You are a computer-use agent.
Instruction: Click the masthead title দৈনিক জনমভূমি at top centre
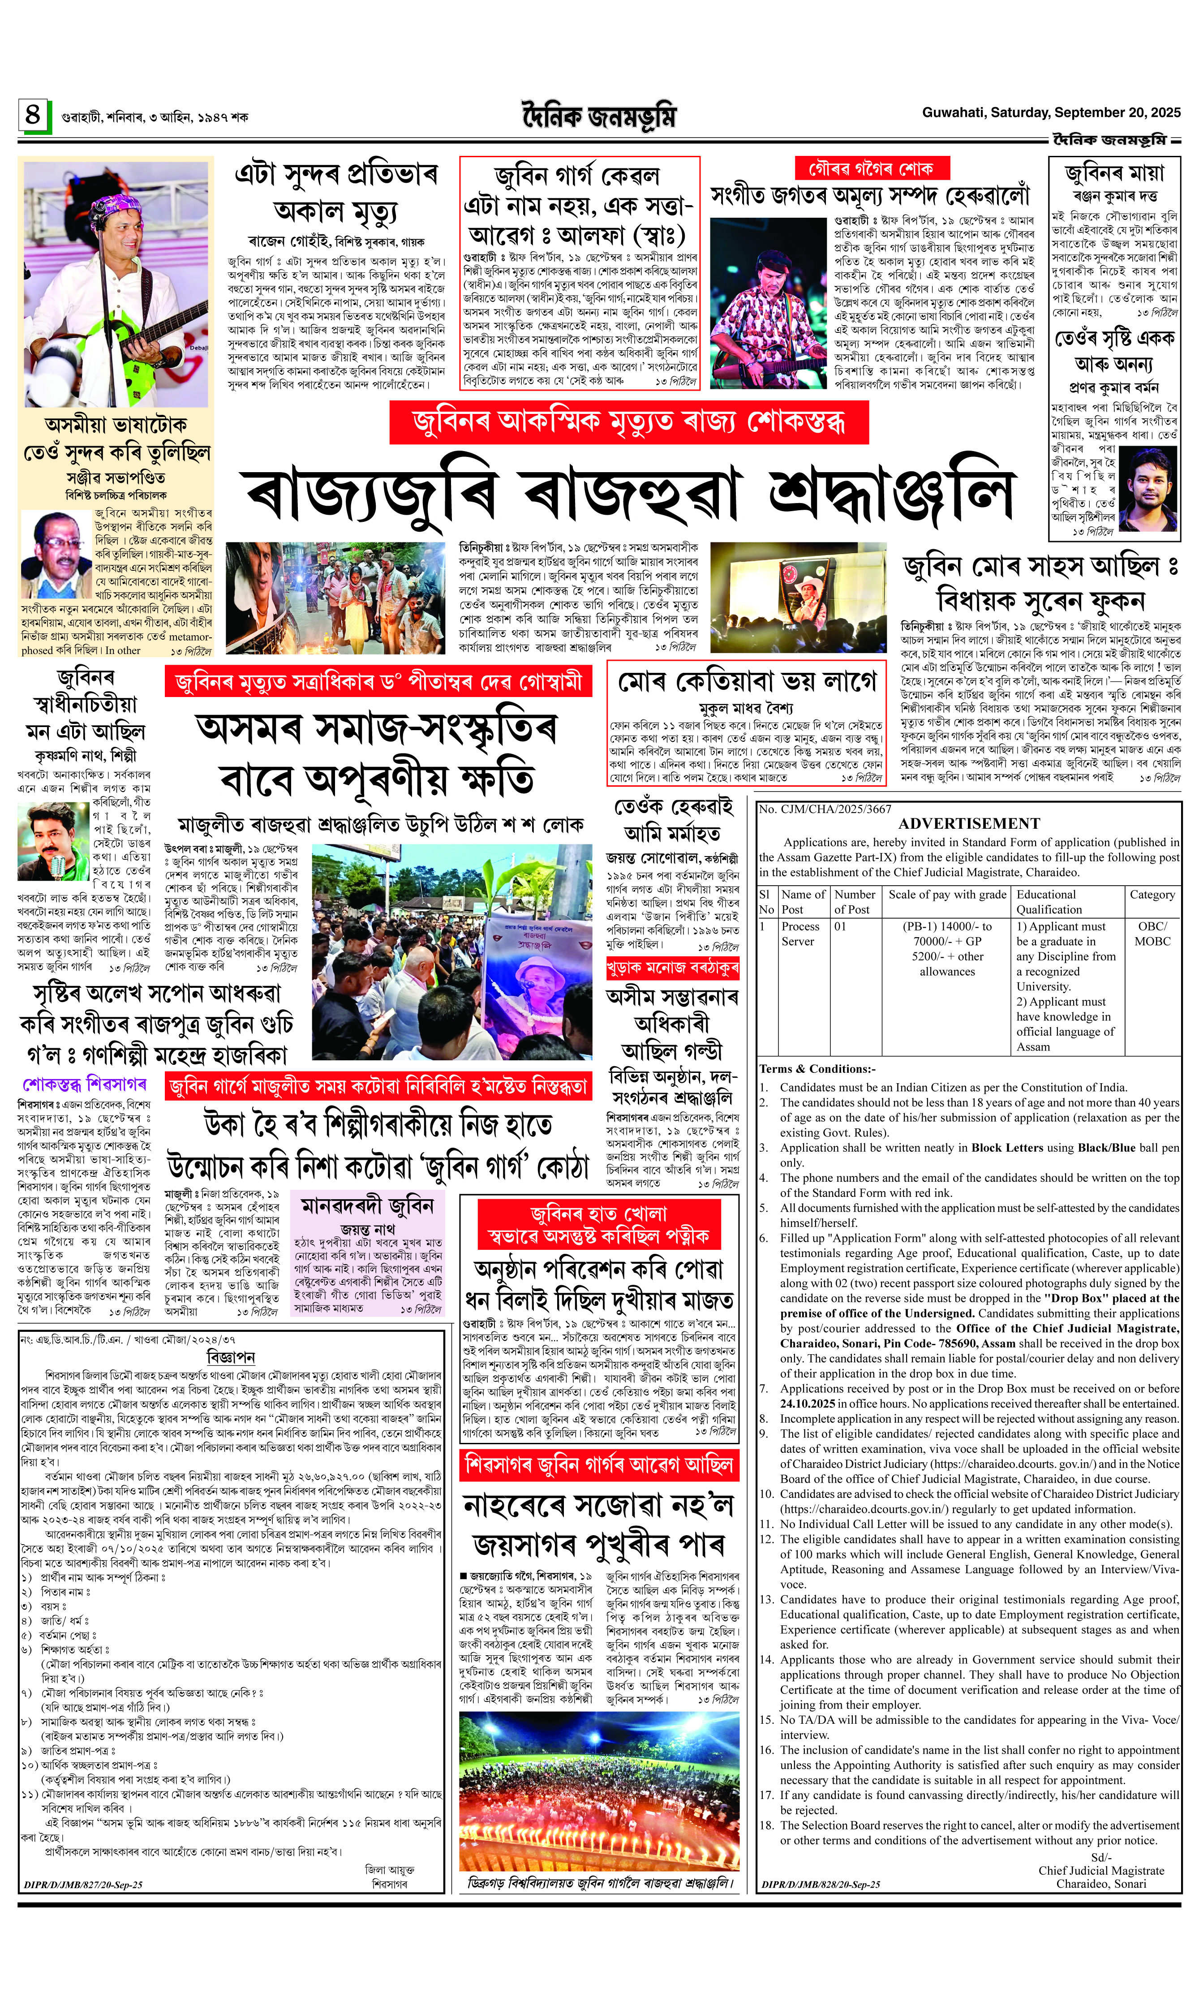599,117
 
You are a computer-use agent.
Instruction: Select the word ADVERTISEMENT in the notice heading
969,823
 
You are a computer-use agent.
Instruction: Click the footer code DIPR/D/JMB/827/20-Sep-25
83,1885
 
